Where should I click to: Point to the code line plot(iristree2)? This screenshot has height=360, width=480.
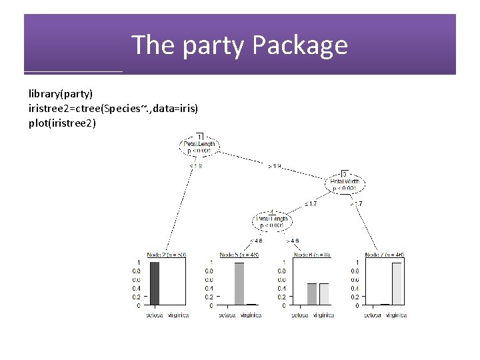[62, 123]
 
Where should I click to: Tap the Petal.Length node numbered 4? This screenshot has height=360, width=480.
[272, 219]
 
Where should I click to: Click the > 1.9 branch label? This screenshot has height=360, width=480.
[275, 165]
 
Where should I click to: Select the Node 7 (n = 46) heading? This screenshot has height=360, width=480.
[385, 255]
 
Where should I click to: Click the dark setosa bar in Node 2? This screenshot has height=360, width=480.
[155, 283]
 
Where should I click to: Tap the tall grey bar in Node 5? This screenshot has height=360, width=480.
[239, 283]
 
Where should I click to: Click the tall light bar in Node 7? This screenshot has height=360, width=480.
[397, 283]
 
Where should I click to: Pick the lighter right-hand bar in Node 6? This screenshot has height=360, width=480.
[324, 294]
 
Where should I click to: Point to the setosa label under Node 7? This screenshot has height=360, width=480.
[373, 315]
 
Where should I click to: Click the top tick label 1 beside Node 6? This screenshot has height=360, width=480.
[285, 261]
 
